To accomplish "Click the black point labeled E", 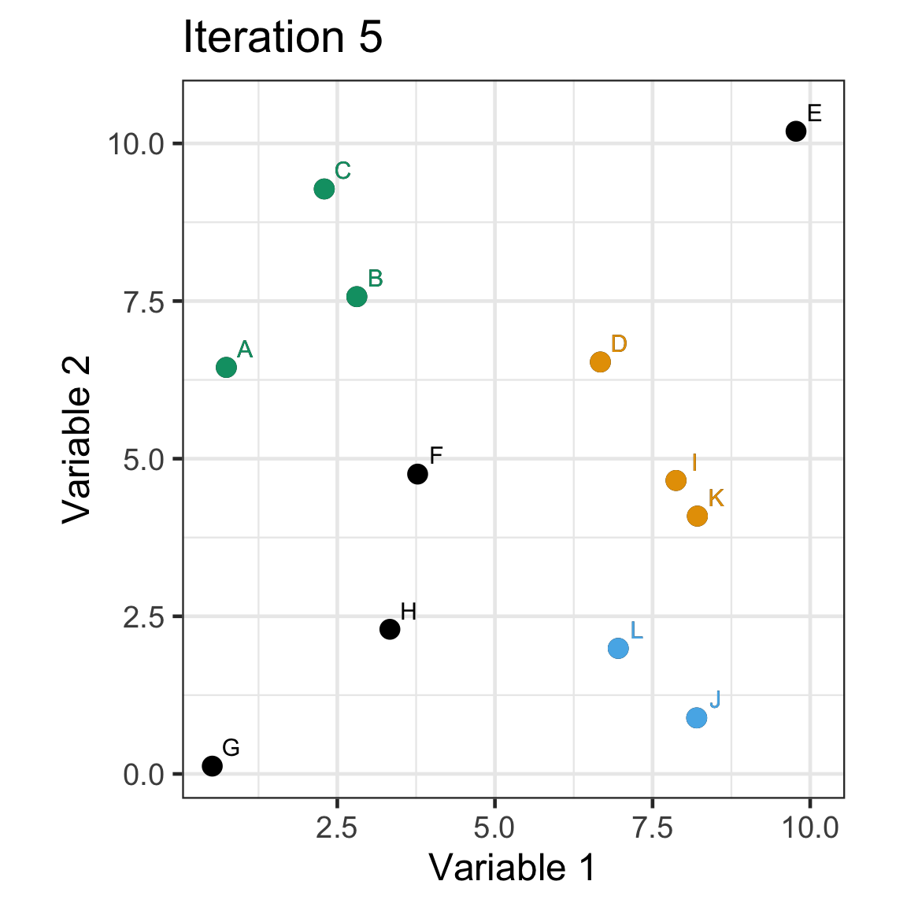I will click(x=796, y=131).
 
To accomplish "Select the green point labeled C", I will click(x=324, y=189).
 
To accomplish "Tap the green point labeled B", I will click(x=357, y=296).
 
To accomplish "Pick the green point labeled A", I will click(x=226, y=367).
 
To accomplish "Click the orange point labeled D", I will click(x=600, y=361).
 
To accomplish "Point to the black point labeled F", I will click(x=417, y=474).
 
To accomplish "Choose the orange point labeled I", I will click(x=676, y=480).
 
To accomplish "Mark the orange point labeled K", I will click(x=697, y=516).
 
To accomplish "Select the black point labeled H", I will click(x=390, y=629).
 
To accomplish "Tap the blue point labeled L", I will click(x=618, y=648).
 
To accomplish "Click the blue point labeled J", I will click(x=696, y=717).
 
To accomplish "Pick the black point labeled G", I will click(x=212, y=765).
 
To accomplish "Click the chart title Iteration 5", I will click(x=283, y=38).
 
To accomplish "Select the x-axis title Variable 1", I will click(x=513, y=868).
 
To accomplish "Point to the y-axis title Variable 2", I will click(x=78, y=439).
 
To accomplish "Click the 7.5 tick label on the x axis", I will click(x=652, y=828).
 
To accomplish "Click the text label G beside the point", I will click(x=231, y=747).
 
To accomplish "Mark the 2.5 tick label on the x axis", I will click(x=337, y=828).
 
